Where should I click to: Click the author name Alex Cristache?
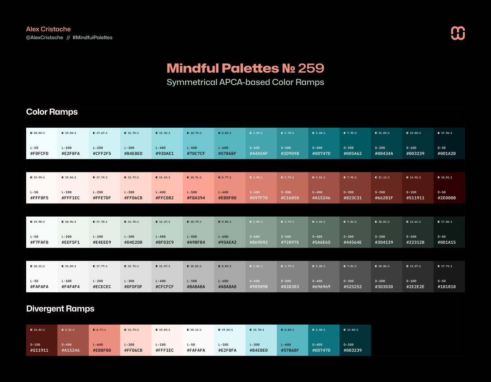coord(48,29)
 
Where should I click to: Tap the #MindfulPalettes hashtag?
coord(92,38)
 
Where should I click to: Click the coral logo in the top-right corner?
coord(458,33)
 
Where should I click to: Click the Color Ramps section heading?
coord(52,112)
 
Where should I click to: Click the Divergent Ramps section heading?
coord(60,309)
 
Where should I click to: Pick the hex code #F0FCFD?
coord(39,154)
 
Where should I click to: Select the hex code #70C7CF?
coord(196,154)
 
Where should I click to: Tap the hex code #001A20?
coord(446,154)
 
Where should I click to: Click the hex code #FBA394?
coord(196,198)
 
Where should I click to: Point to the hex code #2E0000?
coord(446,198)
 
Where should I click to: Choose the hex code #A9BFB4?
coord(196,242)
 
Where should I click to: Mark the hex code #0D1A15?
coord(446,242)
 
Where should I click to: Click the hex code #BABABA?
coord(196,287)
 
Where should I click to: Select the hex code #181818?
coord(446,287)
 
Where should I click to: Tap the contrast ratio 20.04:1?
coord(39,133)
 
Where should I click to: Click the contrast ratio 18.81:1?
coord(448,177)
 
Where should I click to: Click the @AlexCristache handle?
coord(45,38)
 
